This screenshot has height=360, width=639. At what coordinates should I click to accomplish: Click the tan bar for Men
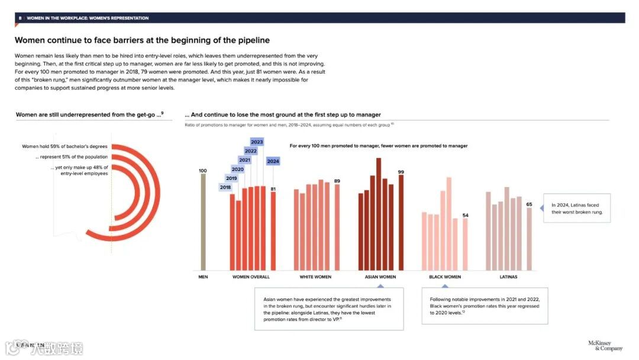203,222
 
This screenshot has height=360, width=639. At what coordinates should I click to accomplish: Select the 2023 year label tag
257,142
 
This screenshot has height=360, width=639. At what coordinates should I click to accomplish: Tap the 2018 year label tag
225,188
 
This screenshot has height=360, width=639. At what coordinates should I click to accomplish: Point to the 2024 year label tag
273,161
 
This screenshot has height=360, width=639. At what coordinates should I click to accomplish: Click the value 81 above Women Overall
273,189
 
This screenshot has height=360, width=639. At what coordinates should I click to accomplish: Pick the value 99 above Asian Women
401,172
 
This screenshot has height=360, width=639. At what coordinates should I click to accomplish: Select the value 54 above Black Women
465,215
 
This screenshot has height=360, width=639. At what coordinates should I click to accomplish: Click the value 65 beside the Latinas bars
529,204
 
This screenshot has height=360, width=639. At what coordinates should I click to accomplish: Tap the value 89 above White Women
337,181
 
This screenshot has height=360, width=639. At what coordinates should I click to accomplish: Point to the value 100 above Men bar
203,171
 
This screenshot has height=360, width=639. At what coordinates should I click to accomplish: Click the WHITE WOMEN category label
315,277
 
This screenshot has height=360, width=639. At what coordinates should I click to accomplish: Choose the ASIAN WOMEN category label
380,277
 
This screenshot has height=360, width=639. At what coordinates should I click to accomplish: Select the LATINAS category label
508,277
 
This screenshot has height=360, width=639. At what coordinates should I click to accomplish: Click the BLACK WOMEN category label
444,277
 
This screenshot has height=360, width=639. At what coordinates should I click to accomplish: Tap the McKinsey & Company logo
605,346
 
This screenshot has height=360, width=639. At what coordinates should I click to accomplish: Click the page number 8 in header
20,18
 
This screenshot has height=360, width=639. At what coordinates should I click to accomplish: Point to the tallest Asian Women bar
379,213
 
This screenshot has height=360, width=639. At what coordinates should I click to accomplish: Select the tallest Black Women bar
448,224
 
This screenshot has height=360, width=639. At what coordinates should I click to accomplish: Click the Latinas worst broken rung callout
576,208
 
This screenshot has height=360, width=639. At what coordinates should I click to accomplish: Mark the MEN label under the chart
203,277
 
